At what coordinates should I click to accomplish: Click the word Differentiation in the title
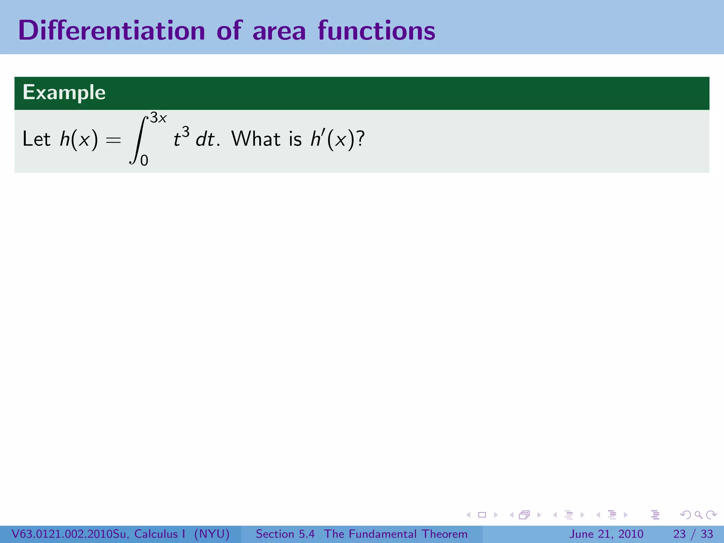(x=111, y=31)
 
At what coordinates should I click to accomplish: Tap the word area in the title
(x=279, y=31)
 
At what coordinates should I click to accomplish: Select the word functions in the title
(x=376, y=31)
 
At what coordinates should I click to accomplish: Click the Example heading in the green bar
(x=64, y=93)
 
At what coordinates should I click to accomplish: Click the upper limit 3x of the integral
(x=158, y=118)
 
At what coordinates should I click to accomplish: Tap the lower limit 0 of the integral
(x=144, y=161)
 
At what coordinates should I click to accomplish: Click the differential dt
(x=205, y=139)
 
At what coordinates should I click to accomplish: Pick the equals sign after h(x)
(x=113, y=140)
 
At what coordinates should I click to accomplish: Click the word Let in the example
(x=36, y=139)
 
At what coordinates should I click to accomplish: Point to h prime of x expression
(x=332, y=139)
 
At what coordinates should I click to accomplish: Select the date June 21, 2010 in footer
(x=606, y=534)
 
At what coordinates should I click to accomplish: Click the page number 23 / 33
(x=693, y=534)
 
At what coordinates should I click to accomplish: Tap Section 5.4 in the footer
(x=285, y=534)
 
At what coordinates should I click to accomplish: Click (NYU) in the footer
(x=212, y=534)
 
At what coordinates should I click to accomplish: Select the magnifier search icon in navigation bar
(x=698, y=515)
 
